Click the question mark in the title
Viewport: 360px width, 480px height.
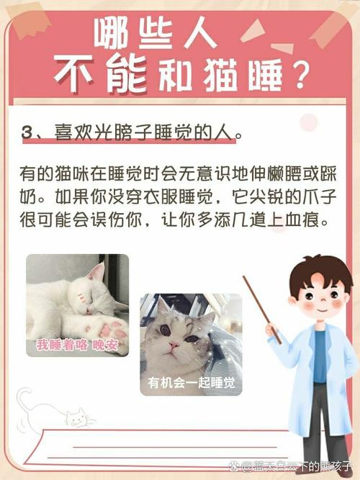296,74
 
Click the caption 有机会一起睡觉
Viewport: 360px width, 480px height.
191,382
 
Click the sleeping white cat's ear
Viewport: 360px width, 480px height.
96,272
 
